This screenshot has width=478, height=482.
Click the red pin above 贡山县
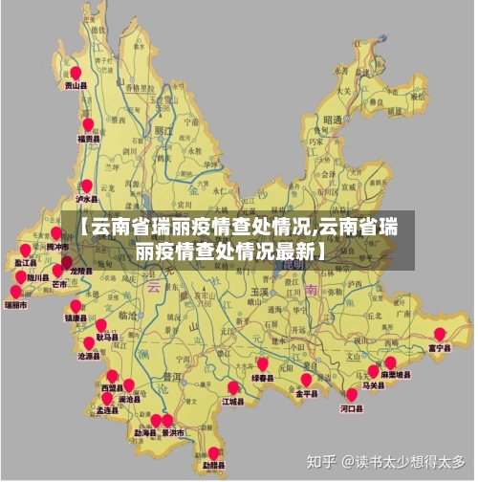75,73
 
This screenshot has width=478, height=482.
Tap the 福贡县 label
88,139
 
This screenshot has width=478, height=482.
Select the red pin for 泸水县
86,186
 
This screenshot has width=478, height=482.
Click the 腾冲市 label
57,247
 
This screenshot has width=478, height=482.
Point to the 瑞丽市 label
15,306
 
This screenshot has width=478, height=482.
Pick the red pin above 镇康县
76,306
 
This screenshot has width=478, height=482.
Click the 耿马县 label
107,338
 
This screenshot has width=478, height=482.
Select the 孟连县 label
106,409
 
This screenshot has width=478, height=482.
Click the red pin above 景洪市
168,420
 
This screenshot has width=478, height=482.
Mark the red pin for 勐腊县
213,453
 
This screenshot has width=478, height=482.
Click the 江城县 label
233,402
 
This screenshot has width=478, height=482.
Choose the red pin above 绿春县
262,364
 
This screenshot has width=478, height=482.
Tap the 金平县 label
306,392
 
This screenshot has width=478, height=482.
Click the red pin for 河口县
351,394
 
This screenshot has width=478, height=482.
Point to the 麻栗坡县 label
395,375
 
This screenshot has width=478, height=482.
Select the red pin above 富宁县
439,335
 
